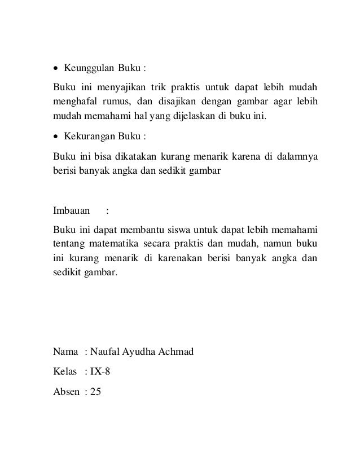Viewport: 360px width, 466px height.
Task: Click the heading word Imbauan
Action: (x=71, y=212)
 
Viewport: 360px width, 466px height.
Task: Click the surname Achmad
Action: (x=175, y=353)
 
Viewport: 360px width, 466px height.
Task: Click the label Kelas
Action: (x=64, y=372)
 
